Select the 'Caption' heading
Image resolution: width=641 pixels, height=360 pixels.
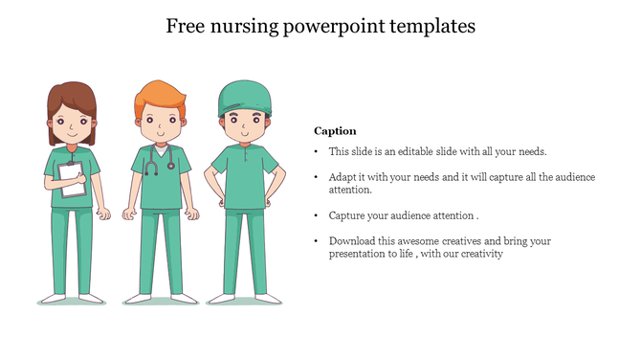pyautogui.click(x=335, y=130)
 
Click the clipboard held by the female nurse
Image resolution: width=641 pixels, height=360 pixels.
pyautogui.click(x=73, y=179)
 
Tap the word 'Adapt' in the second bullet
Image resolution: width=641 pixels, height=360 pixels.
pyautogui.click(x=343, y=178)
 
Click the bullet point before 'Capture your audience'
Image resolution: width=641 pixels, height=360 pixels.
pyautogui.click(x=316, y=215)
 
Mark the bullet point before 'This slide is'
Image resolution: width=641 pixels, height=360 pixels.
pyautogui.click(x=316, y=151)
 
